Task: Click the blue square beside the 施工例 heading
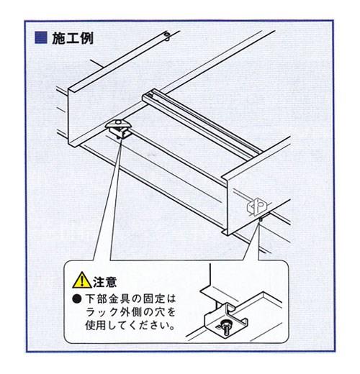41,38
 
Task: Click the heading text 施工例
72,38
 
